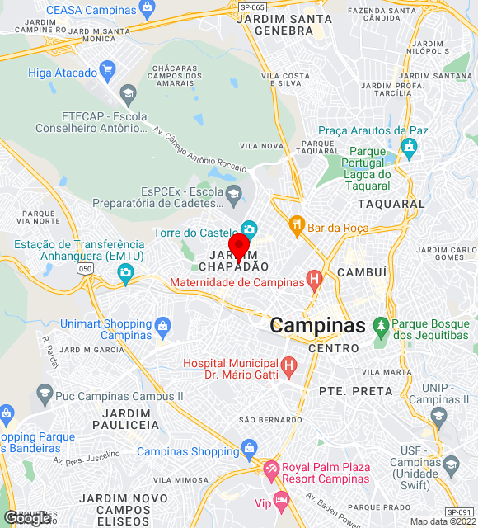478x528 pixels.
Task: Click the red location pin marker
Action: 239,247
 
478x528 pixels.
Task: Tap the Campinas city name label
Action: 317,326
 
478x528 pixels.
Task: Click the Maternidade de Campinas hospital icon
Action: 313,280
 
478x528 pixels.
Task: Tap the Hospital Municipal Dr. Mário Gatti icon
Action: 288,364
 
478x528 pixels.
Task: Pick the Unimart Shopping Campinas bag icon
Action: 163,327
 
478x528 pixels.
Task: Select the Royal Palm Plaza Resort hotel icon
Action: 271,471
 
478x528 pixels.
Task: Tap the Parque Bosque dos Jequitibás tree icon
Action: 381,327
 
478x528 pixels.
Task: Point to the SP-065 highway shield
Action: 252,7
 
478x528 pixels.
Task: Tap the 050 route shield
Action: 85,269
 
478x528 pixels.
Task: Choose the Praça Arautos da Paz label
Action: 374,130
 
